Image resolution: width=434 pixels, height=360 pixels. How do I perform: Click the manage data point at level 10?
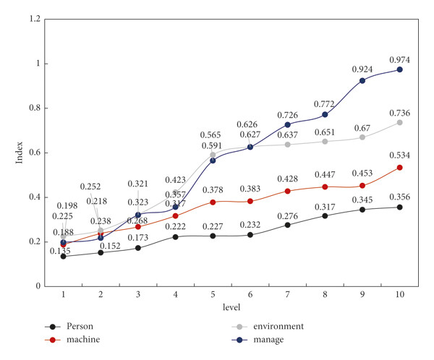399,69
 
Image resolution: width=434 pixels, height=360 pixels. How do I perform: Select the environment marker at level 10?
399,122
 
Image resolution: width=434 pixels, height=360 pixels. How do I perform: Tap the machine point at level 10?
399,167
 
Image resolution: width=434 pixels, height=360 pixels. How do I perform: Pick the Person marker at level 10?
399,207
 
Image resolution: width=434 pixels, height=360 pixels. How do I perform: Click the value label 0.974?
399,59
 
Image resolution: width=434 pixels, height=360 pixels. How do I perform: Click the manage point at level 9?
362,80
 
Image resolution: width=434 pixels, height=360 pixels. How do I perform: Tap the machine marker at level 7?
287,191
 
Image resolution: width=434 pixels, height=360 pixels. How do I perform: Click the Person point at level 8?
325,215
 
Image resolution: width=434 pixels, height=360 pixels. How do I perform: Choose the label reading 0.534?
399,156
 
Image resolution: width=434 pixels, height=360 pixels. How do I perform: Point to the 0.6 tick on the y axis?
35,153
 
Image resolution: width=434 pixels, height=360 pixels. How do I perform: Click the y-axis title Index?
20,152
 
